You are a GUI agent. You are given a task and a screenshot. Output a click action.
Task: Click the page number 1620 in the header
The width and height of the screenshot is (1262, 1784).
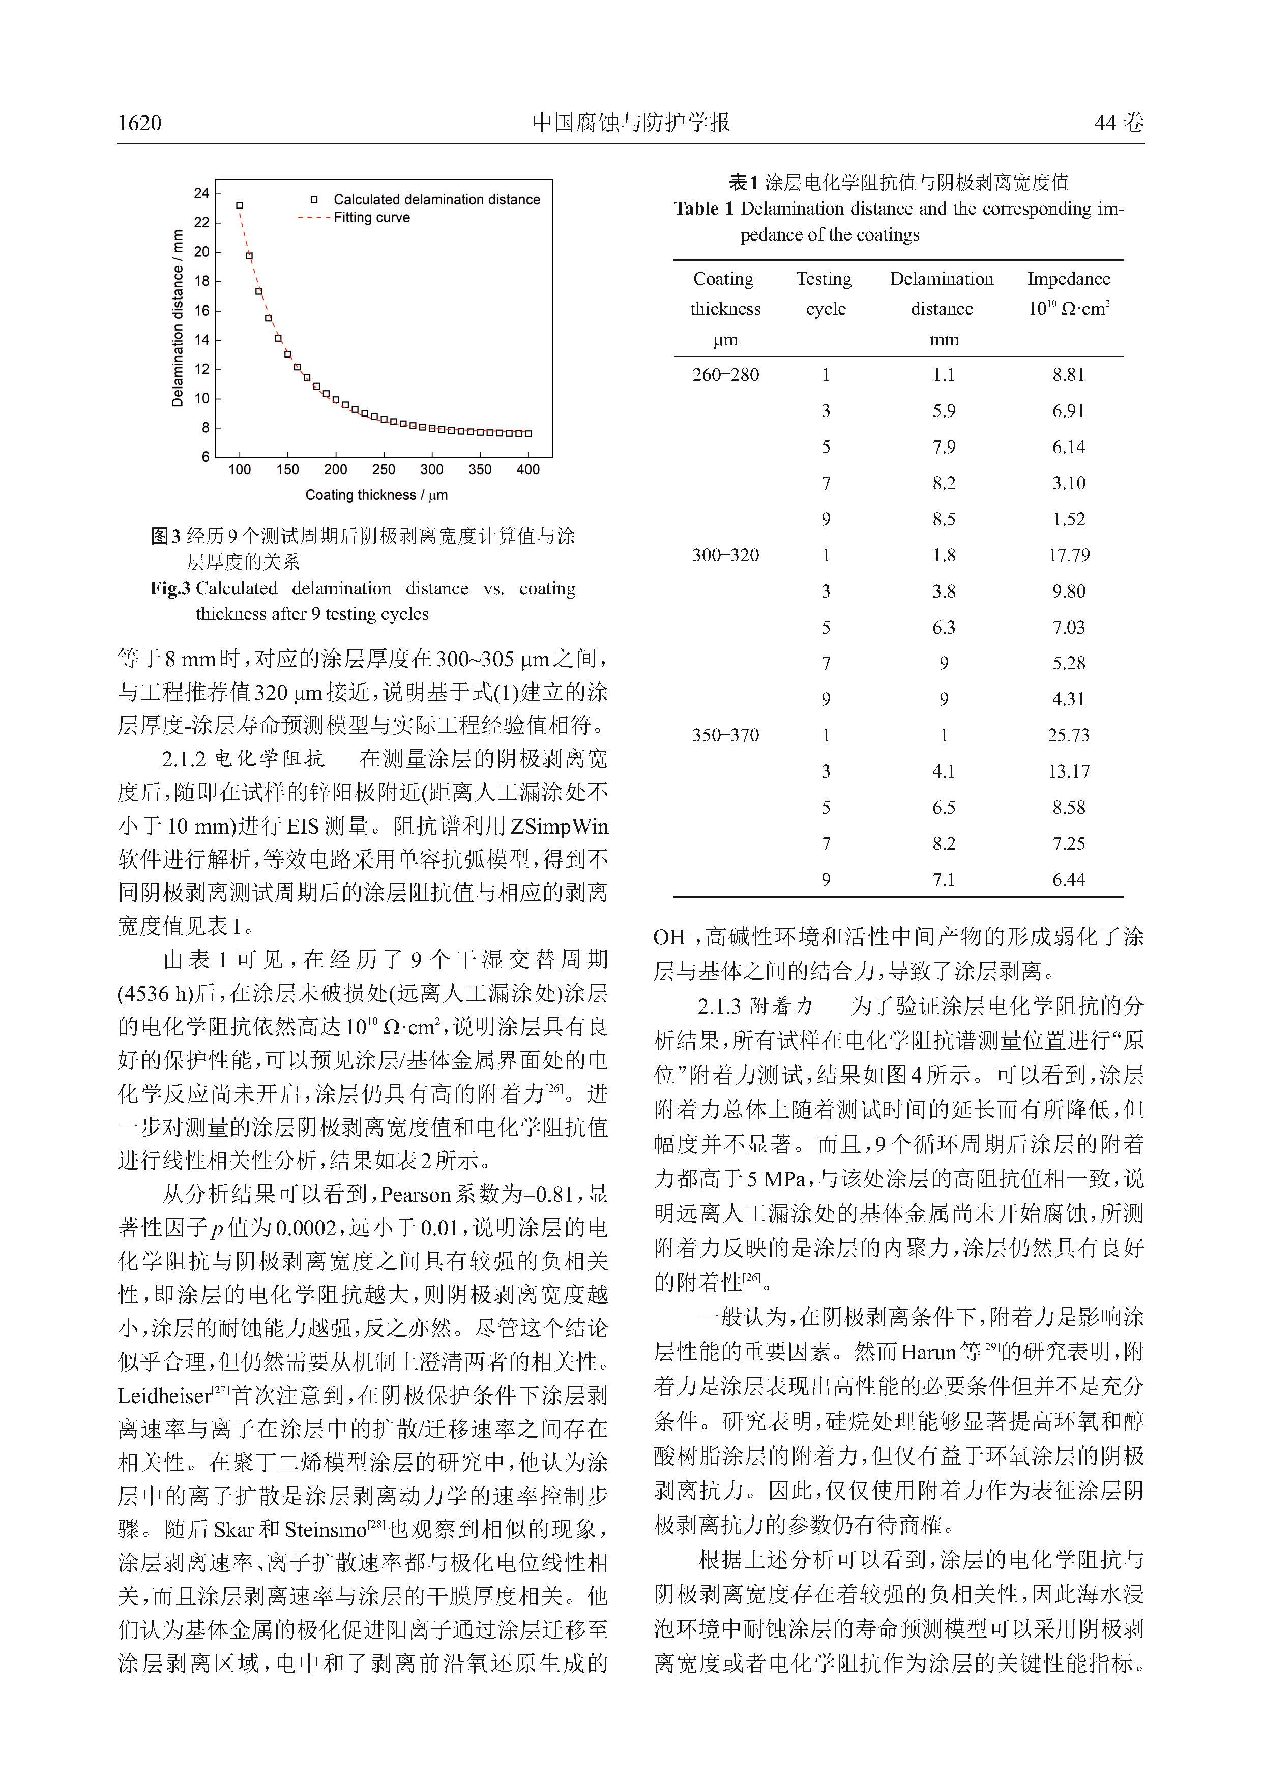140,123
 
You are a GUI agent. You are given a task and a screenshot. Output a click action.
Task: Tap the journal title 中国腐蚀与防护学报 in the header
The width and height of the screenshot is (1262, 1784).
631,122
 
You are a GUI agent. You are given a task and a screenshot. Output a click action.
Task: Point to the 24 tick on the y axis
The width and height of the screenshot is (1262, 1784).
202,193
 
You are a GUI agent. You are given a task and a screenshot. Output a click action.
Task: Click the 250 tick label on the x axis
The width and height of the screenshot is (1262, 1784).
384,469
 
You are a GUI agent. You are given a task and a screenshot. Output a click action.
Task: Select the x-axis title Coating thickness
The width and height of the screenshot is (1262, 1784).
376,495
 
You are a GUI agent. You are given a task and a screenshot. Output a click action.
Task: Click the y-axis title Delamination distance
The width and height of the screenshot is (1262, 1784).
178,318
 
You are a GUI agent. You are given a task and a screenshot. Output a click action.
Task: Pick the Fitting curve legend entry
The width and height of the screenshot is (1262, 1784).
371,218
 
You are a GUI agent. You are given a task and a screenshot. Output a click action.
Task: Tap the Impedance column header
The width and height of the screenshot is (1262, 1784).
1069,279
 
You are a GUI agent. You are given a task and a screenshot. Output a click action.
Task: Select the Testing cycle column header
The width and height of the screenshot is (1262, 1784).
825,294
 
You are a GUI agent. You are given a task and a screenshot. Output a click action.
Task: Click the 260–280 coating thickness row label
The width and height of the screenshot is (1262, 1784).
725,374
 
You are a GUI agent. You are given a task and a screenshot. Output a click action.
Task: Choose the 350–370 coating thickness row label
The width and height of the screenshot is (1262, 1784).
725,735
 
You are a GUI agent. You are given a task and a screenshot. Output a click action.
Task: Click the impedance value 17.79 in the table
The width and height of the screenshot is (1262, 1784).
1069,555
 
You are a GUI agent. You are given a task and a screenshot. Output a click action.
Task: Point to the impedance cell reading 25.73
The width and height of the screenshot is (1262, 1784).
1069,735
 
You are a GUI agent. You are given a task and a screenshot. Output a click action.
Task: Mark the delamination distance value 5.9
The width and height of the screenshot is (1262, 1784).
944,410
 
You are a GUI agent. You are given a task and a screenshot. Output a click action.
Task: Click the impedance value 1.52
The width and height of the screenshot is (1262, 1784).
1069,519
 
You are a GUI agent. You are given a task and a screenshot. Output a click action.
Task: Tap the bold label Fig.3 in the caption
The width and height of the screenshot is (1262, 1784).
170,588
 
